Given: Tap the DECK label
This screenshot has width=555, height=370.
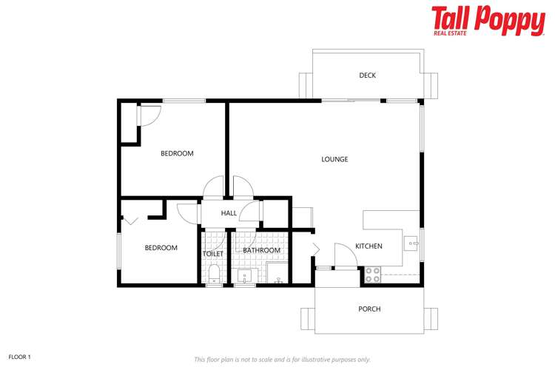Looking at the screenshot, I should click(x=368, y=75).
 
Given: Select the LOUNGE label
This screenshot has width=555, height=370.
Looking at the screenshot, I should click(x=334, y=159).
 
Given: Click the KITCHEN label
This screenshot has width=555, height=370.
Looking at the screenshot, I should click(x=369, y=246).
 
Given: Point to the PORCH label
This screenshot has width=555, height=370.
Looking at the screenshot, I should click(x=369, y=309).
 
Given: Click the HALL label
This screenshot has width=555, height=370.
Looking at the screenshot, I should click(x=229, y=213).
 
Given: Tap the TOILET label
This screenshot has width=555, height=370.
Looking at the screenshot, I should click(x=212, y=254).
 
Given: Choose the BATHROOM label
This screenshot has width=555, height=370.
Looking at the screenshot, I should click(x=261, y=250).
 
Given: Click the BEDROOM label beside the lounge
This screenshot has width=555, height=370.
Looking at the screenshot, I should click(x=177, y=154).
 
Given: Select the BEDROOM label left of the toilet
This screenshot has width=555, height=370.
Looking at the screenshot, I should click(x=161, y=248).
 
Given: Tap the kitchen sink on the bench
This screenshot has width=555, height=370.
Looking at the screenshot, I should click(x=411, y=242).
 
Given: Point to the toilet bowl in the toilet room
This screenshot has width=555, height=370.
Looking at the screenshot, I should click(x=213, y=276).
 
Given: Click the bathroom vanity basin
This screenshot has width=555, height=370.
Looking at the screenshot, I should click(x=244, y=277).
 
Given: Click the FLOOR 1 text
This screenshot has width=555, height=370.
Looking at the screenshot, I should click(x=19, y=357).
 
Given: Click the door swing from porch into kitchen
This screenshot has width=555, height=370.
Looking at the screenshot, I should click(x=343, y=255).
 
